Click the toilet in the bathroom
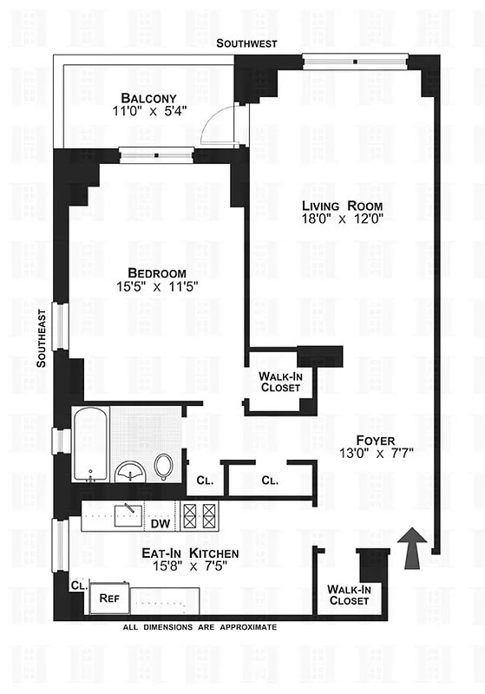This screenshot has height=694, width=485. click(x=163, y=467)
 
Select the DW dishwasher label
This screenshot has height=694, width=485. click(x=160, y=524)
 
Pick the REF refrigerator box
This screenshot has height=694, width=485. click(x=109, y=598)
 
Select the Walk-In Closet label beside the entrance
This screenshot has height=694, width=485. click(x=349, y=595)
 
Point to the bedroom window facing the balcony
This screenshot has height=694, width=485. click(x=155, y=155)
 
